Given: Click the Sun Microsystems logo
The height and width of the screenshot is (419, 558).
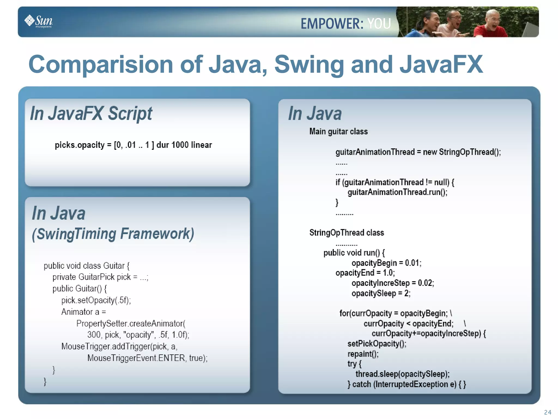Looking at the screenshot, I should tap(39, 21).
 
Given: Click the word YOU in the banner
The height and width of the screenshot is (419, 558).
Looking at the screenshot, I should tap(379, 23).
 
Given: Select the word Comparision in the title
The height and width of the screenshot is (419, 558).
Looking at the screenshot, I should tap(101, 64).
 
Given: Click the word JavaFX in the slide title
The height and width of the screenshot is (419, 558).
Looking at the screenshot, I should tap(441, 64).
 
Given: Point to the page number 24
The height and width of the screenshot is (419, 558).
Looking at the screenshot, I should tap(548, 412).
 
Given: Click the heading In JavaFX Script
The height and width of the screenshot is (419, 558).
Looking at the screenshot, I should tap(91, 113).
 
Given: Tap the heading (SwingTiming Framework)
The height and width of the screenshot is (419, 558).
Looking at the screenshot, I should tap(113, 234).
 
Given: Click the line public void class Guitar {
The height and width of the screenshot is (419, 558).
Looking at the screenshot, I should tap(87, 266).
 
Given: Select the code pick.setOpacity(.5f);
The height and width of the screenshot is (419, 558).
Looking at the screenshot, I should tap(96, 300).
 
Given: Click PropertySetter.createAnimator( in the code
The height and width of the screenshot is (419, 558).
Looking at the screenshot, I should tap(131, 324).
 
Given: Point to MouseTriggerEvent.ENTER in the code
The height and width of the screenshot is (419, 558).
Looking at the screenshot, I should tap(136, 358).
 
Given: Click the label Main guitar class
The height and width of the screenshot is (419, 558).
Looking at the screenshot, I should tap(338, 131).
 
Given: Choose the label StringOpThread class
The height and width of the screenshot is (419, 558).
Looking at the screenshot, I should tap(347, 233).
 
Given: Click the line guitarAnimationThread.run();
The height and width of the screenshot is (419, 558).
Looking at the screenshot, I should tap(397, 192).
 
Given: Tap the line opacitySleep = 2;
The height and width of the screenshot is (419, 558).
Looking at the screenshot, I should tap(381, 294).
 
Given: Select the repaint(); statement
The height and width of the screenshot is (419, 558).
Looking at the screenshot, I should tap(363, 354).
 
